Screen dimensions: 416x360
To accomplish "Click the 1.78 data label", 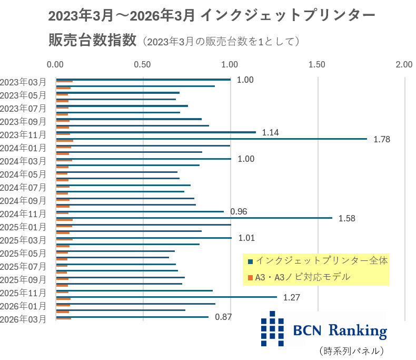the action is pos(382,139).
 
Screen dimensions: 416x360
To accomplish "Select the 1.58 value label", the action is pos(347,219).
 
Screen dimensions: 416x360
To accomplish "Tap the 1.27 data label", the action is pos(292,297).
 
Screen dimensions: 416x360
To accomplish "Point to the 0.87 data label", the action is pos(223,317).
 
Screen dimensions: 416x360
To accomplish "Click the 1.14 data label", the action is pos(270,132).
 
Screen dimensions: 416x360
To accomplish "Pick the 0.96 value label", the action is pos(239,211).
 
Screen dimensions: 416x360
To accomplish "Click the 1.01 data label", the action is pos(246,238).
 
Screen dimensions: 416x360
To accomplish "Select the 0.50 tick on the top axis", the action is pos(142,64).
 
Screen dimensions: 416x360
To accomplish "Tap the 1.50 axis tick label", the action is pos(317,64).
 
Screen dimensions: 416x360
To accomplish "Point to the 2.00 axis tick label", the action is pos(404,64).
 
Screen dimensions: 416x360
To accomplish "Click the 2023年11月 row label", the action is pos(23,135).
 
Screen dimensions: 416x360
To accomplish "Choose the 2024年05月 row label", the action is pos(23,174).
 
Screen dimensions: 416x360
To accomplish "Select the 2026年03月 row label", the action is pos(23,319).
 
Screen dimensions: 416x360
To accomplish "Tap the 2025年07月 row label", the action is pos(23,267).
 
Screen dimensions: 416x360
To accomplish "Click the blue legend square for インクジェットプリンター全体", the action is pos(250,261).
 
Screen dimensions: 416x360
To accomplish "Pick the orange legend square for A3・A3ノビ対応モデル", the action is pos(250,278).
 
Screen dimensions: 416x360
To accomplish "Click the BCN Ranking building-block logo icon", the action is pos(272,329).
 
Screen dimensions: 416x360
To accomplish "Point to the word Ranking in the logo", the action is pos(358,331).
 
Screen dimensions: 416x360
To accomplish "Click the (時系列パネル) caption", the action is pos(352,351).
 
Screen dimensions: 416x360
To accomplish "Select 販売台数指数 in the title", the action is pos(92,40).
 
